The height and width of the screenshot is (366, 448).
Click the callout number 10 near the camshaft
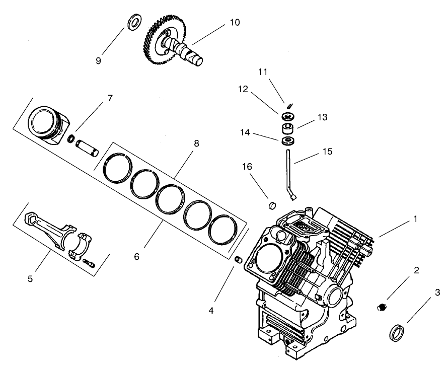(x=235, y=23)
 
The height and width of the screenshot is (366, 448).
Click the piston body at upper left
(x=48, y=124)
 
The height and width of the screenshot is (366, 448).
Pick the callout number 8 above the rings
(x=196, y=143)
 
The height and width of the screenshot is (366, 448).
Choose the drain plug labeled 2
(x=382, y=307)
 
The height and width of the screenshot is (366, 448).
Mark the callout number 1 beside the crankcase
(x=415, y=219)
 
